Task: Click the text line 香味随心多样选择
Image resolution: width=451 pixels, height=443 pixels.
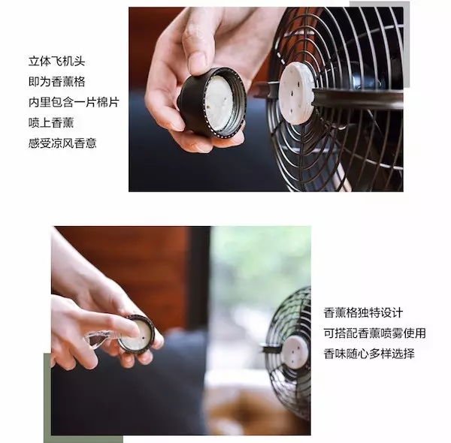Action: (369, 353)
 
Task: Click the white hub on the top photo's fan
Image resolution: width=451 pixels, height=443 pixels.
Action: (295, 93)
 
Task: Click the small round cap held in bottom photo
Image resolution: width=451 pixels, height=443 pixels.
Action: (136, 334)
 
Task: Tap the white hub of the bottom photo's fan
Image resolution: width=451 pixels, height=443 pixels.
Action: (295, 350)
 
